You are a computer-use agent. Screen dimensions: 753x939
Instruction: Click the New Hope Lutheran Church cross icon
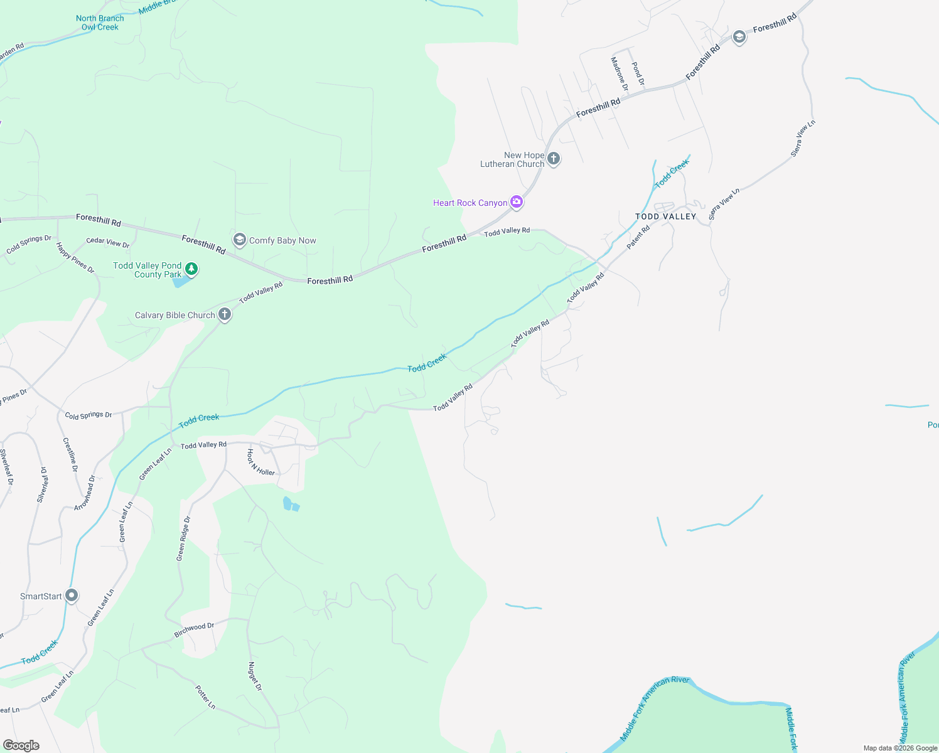click(x=553, y=158)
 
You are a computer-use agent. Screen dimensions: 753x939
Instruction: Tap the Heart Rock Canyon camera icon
click(x=517, y=201)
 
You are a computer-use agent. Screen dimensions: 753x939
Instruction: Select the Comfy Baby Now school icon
click(x=239, y=240)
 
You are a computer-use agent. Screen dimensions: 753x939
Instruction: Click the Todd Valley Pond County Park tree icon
click(x=191, y=269)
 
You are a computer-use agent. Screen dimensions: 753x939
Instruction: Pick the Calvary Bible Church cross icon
click(x=225, y=314)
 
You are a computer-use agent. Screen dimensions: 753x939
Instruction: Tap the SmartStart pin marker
click(x=72, y=595)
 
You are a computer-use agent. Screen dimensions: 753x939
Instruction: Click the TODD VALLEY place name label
click(x=665, y=216)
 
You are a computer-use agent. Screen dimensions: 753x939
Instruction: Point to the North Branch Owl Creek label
click(x=100, y=23)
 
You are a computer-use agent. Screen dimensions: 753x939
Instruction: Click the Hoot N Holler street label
click(x=260, y=462)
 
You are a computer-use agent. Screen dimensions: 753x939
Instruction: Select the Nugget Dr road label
click(x=254, y=676)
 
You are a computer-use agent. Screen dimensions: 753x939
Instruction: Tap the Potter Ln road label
click(x=205, y=697)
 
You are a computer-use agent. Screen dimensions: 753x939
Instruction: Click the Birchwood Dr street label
click(x=194, y=630)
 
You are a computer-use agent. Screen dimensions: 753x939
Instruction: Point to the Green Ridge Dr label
click(x=183, y=538)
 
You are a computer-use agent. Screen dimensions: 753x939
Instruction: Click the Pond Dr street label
click(x=638, y=73)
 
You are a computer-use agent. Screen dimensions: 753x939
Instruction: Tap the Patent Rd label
click(x=638, y=237)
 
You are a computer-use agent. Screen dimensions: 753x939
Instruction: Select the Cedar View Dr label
click(x=108, y=242)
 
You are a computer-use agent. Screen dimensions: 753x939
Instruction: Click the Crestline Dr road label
click(x=70, y=454)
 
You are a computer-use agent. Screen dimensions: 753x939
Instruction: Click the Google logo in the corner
click(x=21, y=745)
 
